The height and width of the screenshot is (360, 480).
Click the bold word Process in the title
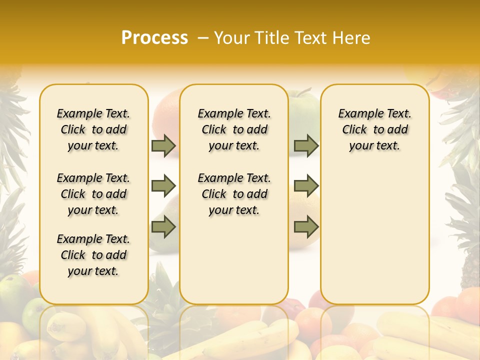[x=154, y=37]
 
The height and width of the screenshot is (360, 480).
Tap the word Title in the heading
[x=272, y=37]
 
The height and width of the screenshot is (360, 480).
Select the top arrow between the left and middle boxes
[x=163, y=145]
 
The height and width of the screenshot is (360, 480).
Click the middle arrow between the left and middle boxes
[x=163, y=186]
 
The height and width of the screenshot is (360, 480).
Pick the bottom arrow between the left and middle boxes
[x=163, y=226]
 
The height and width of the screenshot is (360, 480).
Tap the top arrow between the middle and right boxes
[x=306, y=145]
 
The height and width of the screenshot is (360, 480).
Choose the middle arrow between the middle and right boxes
[x=306, y=186]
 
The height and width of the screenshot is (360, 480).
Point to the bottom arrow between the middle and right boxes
[x=306, y=226]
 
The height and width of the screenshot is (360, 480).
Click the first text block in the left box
[x=93, y=129]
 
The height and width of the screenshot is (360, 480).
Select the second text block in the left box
[x=93, y=194]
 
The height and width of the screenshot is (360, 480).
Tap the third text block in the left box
[x=93, y=255]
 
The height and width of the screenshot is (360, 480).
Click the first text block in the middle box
[x=234, y=129]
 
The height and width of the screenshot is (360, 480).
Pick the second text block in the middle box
[x=234, y=194]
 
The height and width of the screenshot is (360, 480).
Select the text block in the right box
[x=374, y=129]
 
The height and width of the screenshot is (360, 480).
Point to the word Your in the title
[x=232, y=37]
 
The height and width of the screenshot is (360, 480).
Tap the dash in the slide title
[x=202, y=37]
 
